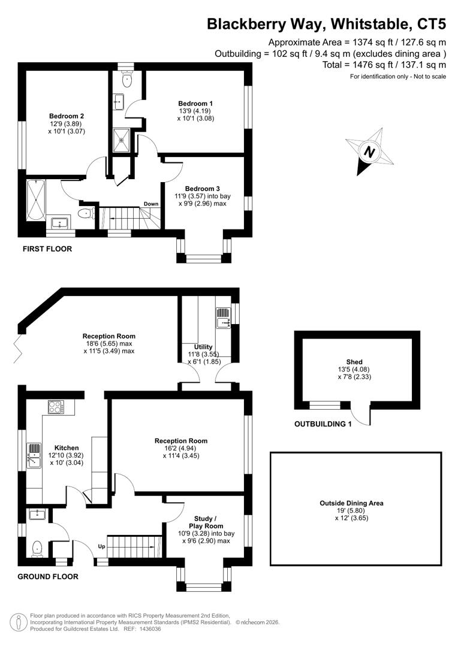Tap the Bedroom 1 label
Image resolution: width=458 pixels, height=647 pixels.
[x=195, y=103]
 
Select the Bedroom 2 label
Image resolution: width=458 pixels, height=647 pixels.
[x=66, y=116]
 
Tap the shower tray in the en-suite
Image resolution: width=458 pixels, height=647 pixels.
[x=123, y=141]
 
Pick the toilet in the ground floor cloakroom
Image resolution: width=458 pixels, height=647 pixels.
[x=38, y=548]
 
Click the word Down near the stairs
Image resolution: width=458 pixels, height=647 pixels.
[x=151, y=204]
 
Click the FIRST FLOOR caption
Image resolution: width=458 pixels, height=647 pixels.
[x=47, y=249]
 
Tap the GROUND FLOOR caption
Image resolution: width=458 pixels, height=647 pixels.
[x=48, y=577]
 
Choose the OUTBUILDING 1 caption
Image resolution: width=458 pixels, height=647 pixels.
[x=323, y=424]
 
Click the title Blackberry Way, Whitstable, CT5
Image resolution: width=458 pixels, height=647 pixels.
[x=326, y=24]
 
